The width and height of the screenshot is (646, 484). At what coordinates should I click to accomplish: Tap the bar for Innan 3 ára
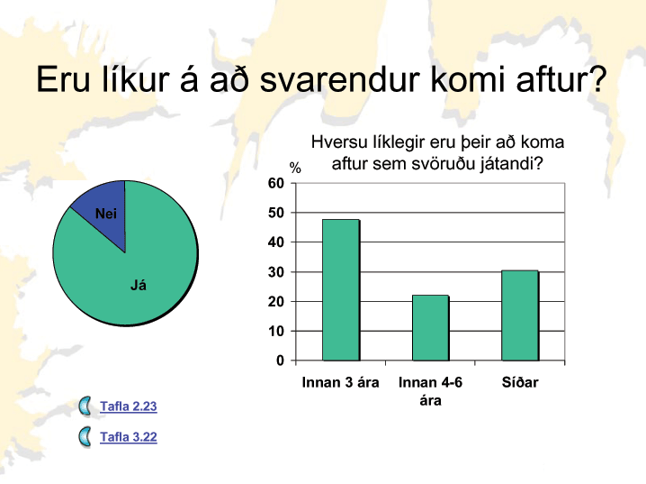[x=341, y=290]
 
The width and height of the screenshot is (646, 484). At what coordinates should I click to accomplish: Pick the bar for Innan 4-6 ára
[x=431, y=328]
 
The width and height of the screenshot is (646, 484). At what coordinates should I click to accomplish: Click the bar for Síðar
[x=520, y=315]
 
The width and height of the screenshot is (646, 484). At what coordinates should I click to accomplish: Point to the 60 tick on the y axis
[x=276, y=183]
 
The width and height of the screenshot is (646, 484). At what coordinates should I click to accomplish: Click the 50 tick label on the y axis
[x=276, y=213]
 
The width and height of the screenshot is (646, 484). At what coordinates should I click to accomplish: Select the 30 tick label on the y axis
[x=276, y=272]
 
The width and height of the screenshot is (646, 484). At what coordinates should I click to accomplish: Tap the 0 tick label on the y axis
[x=280, y=361]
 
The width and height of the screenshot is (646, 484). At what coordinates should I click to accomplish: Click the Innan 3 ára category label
[x=340, y=382]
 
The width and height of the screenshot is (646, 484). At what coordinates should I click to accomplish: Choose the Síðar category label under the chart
[x=520, y=382]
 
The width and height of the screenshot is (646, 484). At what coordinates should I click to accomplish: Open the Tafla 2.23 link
[x=128, y=406]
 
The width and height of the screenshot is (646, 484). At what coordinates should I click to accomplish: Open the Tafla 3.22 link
[x=128, y=437]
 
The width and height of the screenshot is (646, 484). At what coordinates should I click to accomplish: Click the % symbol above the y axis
[x=295, y=168]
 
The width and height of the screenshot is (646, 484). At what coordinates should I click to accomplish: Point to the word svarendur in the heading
[x=340, y=78]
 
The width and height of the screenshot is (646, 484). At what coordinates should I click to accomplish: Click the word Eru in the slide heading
[x=63, y=78]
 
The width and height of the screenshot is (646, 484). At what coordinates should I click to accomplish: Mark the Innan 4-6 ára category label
[x=431, y=391]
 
